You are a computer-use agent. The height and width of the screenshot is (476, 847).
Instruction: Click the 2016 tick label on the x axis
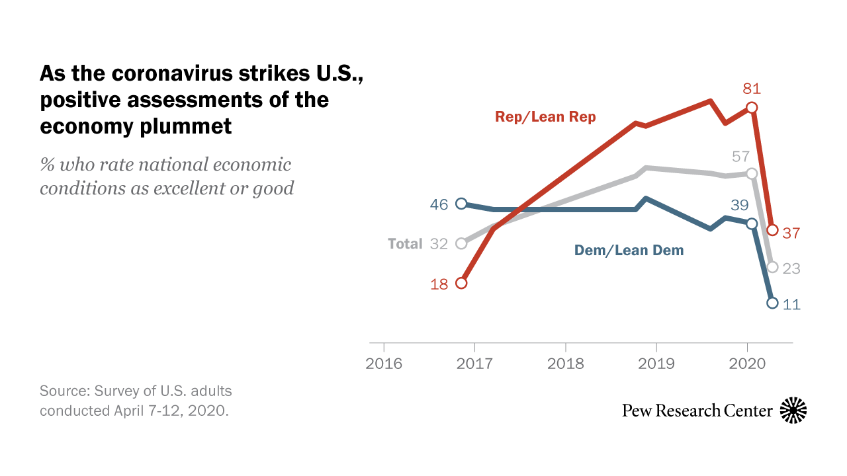coord(384,364)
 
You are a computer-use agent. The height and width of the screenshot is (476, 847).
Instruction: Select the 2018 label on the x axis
coord(566,364)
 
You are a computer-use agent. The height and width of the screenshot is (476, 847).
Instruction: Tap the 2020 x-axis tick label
coord(747,364)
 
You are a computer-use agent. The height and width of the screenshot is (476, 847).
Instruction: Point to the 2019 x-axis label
coord(656,364)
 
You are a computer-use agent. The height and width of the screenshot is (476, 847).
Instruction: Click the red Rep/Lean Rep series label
coord(545,117)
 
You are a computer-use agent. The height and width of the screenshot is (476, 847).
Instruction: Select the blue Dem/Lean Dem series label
coord(628,251)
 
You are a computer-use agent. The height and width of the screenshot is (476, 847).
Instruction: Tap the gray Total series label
coord(405,244)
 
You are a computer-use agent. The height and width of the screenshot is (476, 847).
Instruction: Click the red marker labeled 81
coord(751,107)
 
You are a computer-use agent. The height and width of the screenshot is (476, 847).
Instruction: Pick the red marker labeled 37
coord(772,230)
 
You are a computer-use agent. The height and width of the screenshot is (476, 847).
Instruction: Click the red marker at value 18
coord(462,283)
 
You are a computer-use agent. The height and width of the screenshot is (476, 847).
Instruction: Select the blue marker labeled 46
coord(462,204)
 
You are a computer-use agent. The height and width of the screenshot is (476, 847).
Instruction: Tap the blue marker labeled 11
coord(772,303)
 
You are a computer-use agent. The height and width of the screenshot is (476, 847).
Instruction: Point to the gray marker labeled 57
coord(751,173)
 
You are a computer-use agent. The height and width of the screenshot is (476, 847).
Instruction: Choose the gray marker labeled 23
coord(772,267)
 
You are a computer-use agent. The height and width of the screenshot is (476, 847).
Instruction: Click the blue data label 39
coord(740,205)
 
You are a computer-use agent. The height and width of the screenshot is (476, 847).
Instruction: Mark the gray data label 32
coord(439,244)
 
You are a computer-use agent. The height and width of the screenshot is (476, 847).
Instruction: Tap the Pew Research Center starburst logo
coord(793,411)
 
